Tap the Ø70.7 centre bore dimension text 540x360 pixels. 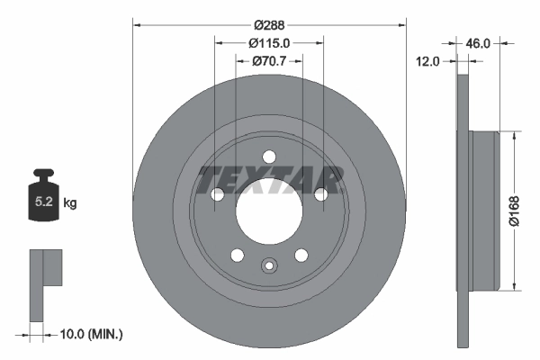268,61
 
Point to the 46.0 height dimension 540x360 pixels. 476,42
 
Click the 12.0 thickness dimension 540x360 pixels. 427,62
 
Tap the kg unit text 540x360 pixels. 70,204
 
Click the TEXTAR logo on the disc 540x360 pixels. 269,180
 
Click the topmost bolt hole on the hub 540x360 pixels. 267,157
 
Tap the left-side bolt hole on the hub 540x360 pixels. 217,193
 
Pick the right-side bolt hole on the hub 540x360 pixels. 319,193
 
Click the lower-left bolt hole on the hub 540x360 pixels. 237,255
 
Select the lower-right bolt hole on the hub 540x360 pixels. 300,255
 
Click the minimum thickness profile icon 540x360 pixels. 45,284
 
